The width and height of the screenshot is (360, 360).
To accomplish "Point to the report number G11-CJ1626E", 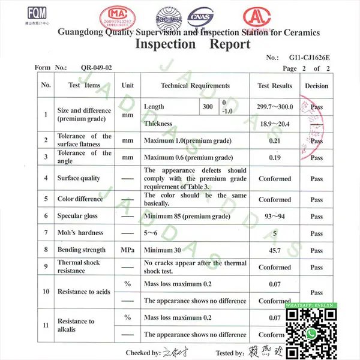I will point(309,58).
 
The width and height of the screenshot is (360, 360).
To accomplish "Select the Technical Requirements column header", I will point(195,86).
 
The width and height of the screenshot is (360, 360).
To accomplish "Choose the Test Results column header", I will point(274,86).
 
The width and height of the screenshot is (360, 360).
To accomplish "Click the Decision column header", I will point(316,86).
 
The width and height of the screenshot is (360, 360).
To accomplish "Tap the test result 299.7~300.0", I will point(274,107).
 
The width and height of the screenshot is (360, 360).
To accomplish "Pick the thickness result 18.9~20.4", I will point(274,124).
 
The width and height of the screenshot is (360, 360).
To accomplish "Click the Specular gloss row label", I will point(77,215).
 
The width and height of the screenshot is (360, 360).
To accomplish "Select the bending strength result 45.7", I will point(274,250).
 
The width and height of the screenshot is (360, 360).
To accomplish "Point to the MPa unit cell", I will point(127,250).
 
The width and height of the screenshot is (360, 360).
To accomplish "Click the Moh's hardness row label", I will point(80,233).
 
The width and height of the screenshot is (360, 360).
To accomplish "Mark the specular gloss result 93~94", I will point(274,215).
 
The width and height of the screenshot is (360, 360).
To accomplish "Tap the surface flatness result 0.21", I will point(274,140).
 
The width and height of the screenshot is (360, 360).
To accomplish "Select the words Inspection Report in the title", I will point(193,44).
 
